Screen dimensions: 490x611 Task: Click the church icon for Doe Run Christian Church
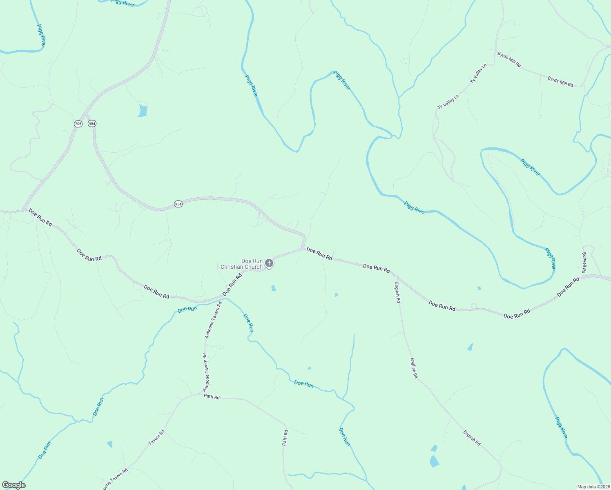click(269, 263)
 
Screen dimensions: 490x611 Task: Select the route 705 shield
click(78, 123)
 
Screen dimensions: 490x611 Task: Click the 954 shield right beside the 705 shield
click(92, 123)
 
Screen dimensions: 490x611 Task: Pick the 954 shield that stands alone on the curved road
click(178, 204)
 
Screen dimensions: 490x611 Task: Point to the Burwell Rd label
click(584, 263)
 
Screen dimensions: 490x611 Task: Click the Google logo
click(13, 485)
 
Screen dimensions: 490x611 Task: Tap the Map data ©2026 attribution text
click(593, 487)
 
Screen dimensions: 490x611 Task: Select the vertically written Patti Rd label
click(285, 437)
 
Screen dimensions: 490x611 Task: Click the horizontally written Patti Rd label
click(212, 397)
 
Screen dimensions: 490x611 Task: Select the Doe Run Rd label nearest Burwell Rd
click(568, 287)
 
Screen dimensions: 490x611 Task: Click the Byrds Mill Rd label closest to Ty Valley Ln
click(509, 59)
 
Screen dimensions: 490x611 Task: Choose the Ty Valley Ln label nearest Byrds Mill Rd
click(479, 74)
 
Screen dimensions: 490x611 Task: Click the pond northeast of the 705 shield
click(142, 111)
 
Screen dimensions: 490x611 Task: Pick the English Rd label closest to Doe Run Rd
click(397, 292)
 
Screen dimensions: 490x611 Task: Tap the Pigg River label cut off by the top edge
click(123, 3)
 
